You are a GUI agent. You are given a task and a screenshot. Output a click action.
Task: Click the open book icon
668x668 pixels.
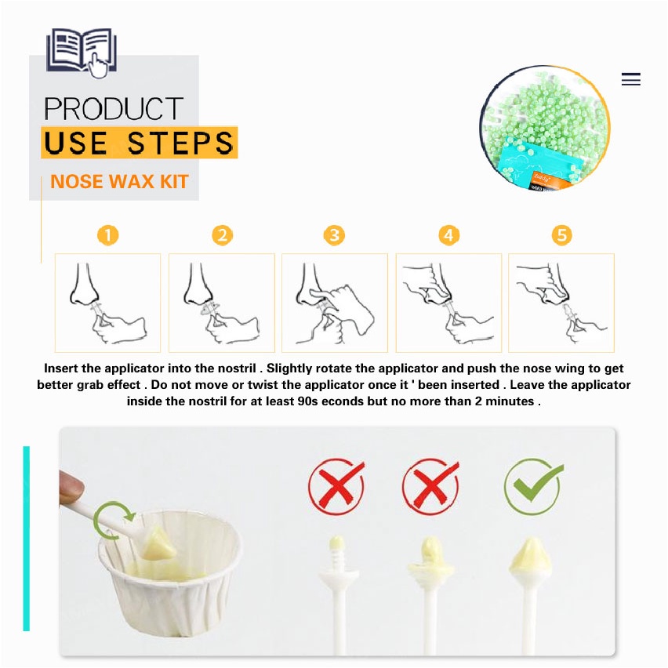point(82,52)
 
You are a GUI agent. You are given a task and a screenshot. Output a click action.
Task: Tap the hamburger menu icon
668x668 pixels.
point(630,79)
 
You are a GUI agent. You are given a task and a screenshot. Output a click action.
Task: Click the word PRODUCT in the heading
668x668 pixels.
point(114,109)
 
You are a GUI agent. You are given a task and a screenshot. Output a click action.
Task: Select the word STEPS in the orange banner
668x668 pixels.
point(180,143)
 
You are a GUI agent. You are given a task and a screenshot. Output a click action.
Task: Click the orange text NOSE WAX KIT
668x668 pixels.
point(119,181)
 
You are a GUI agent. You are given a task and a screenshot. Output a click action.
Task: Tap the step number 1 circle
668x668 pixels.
point(107,235)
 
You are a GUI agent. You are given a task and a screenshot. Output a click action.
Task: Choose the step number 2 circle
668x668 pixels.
point(223,235)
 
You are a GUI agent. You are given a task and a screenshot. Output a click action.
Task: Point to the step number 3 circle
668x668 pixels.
point(334,235)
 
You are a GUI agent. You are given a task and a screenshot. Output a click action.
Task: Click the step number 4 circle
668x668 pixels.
point(448,235)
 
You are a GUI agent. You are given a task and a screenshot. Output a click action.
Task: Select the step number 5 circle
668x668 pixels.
point(562,235)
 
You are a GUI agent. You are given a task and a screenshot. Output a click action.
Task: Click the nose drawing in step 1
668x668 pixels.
point(85,285)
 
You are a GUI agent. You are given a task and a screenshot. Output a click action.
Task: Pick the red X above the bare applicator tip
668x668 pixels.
point(337,485)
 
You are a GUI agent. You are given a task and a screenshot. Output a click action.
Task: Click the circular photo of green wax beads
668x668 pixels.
point(545,129)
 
